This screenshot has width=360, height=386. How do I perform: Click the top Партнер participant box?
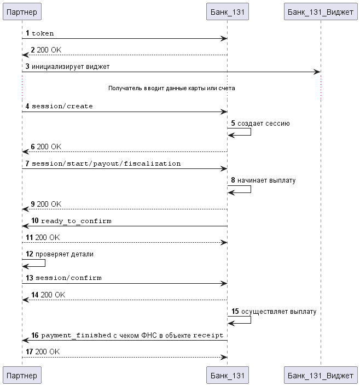22,11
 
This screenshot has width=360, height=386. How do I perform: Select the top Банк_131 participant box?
228,11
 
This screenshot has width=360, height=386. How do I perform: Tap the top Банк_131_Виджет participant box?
321,11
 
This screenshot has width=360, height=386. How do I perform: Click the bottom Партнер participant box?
22,375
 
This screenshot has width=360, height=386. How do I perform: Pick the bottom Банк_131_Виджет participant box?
321,375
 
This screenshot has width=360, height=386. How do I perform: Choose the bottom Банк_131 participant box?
228,375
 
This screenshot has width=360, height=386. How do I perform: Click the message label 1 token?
40,33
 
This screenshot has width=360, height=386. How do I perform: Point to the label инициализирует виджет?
71,67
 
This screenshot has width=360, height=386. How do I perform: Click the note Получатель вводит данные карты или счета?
171,88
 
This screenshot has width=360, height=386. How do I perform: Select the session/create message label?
62,106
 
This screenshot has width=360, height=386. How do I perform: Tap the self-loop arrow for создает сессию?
251,132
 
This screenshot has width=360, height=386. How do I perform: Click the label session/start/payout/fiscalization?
106,163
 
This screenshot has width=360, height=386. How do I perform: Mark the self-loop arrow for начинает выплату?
251,189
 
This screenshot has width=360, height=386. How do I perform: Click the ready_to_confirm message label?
76,221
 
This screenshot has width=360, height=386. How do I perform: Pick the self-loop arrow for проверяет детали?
45,263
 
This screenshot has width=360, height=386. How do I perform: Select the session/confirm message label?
68,278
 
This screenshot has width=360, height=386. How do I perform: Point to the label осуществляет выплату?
278,312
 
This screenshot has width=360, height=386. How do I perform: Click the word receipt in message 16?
208,335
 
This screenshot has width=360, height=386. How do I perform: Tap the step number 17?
30,352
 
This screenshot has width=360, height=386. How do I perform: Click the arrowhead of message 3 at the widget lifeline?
317,72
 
